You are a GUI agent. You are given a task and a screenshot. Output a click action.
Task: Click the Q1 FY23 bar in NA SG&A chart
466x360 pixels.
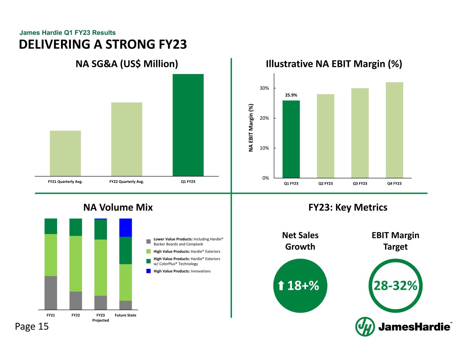188,125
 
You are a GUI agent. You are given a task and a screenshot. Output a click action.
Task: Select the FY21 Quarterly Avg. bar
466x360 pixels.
65,153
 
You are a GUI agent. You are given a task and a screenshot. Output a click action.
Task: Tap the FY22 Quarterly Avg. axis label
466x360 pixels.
127,182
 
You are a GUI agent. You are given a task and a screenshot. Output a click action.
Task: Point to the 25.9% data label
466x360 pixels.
291,95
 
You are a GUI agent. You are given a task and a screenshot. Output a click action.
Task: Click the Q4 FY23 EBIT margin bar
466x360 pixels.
394,130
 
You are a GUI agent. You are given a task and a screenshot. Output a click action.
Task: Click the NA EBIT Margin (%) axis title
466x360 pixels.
251,128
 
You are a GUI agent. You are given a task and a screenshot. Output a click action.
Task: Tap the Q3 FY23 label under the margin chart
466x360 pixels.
360,184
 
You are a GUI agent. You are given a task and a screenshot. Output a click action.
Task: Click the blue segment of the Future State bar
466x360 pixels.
126,228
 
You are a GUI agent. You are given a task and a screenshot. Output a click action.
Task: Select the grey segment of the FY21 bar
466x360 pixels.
51,292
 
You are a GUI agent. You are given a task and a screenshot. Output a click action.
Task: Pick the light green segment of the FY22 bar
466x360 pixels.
75,263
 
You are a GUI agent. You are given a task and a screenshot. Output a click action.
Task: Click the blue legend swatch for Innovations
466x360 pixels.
149,271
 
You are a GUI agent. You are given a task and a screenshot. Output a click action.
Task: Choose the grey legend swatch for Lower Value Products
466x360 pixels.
149,241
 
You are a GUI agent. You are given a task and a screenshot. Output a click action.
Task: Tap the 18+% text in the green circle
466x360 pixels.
303,286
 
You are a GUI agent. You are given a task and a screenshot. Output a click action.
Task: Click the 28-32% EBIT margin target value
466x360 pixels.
395,286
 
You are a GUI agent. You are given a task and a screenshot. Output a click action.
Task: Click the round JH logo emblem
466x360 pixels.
364,327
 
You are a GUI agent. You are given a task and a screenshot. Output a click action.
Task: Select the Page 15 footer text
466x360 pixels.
32,327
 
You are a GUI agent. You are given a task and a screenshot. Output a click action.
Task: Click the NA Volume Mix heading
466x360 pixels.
118,207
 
